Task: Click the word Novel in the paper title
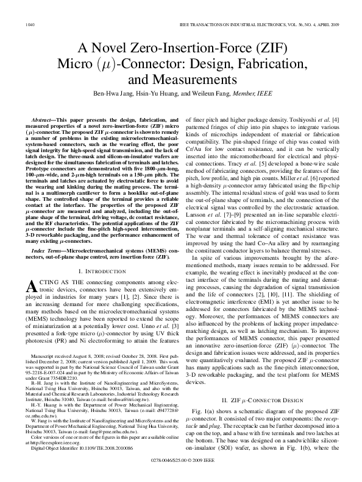[119, 49]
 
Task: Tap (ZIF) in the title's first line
[266, 49]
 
